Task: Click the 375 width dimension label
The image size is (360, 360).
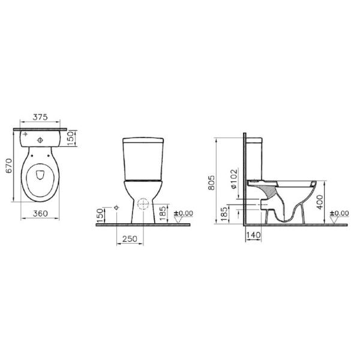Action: coord(40,117)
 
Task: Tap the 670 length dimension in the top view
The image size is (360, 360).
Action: coord(9,166)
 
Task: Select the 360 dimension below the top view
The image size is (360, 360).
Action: coord(40,214)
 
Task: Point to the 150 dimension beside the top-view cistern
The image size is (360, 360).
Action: coord(71,138)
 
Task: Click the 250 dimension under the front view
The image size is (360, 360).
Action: coord(130,239)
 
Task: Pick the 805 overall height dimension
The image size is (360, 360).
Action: coord(211,183)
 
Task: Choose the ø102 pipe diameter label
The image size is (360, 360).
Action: coord(233,179)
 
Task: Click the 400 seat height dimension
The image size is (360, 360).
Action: coord(320,202)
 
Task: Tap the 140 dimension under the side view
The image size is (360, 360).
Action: coord(253,235)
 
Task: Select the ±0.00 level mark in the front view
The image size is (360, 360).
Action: coord(184,213)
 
